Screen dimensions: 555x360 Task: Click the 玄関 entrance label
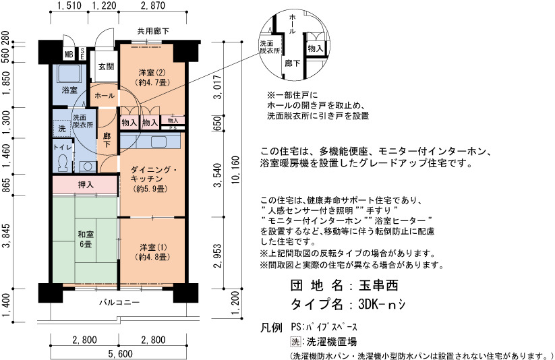pyautogui.click(x=106, y=66)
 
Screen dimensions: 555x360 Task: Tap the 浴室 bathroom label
pyautogui.click(x=69, y=90)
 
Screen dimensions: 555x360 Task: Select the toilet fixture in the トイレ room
pyautogui.click(x=63, y=162)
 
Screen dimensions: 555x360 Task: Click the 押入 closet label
pyautogui.click(x=86, y=185)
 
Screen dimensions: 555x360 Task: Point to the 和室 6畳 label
pyautogui.click(x=86, y=239)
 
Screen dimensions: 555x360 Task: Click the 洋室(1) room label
pyautogui.click(x=152, y=252)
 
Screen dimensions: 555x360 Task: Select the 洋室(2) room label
pyautogui.click(x=152, y=78)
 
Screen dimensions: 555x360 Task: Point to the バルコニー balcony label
pyautogui.click(x=119, y=302)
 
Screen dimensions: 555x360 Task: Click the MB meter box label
pyautogui.click(x=69, y=55)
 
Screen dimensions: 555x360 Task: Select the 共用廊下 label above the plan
pyautogui.click(x=153, y=31)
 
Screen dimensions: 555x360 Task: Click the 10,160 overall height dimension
pyautogui.click(x=235, y=170)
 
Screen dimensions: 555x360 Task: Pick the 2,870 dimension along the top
pyautogui.click(x=153, y=5)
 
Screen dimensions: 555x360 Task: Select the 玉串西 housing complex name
pyautogui.click(x=379, y=285)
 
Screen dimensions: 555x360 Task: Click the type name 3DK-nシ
pyautogui.click(x=382, y=304)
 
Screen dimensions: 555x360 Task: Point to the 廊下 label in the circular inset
pyautogui.click(x=293, y=63)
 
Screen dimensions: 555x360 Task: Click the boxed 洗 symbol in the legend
pyautogui.click(x=295, y=342)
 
